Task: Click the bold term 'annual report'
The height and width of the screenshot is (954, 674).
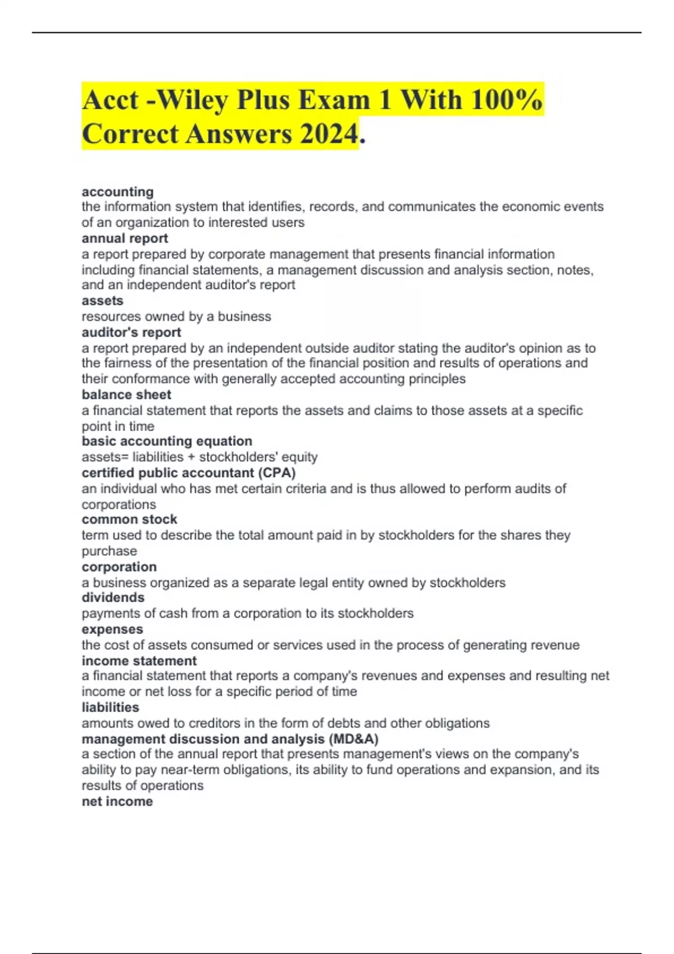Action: coord(125,238)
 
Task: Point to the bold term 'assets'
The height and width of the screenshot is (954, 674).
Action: coord(102,301)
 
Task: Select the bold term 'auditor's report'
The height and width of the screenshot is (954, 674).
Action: coord(131,332)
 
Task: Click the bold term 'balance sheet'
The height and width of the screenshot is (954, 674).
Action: coord(126,395)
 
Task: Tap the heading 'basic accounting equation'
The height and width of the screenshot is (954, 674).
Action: coord(167,441)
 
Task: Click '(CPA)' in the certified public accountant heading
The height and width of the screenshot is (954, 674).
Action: coord(276,473)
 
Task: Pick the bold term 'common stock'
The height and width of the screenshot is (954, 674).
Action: coord(129,519)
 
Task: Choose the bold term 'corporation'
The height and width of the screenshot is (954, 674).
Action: coord(119,567)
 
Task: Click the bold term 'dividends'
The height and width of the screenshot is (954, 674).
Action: coord(113,598)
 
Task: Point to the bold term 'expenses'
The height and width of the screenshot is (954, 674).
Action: coord(112,629)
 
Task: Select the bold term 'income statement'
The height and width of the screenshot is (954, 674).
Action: coord(139,661)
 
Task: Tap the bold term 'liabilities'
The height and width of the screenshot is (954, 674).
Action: coord(110,707)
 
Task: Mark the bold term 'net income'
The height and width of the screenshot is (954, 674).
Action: coord(117,801)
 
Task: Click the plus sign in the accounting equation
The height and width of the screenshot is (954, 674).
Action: coord(192,457)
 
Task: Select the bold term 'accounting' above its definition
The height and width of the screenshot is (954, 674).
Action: coord(117,192)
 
